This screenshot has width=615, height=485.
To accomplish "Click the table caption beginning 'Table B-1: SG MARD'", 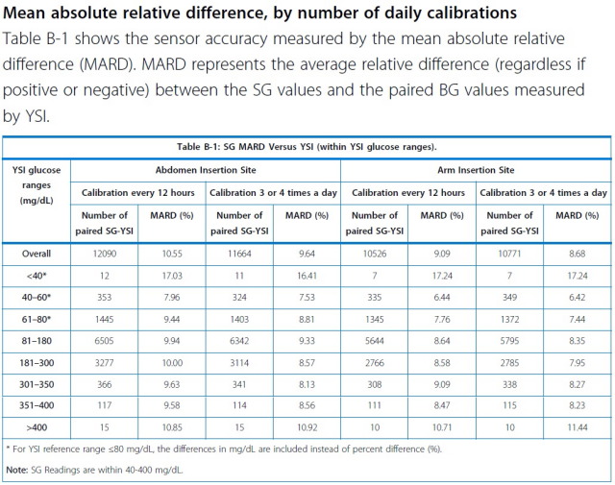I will coord(307,147).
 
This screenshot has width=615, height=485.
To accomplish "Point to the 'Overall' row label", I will coord(37,255).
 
